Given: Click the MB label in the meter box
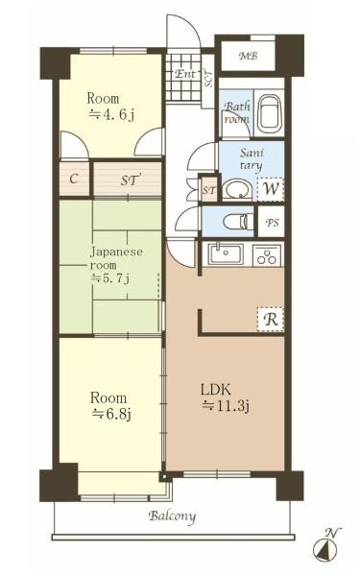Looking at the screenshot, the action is click(248, 57).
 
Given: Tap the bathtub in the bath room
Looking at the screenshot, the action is click(270, 114).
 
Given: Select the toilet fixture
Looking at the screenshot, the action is click(237, 222).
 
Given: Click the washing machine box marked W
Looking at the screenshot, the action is click(271, 189).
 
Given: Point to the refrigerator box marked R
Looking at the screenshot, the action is click(271, 320).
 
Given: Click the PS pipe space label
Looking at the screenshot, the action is click(272, 223).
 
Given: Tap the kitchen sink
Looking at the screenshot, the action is click(226, 254).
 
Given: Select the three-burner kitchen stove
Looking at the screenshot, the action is click(267, 255).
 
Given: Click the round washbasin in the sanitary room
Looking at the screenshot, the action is click(237, 190).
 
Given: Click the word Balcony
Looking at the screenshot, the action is click(172, 516).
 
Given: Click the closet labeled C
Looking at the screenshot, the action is click(74, 179).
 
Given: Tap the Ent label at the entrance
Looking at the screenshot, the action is click(185, 74).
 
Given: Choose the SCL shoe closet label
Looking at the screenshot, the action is click(208, 79).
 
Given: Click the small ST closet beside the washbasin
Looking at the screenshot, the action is click(209, 190).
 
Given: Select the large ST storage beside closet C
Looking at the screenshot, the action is click(127, 179).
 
